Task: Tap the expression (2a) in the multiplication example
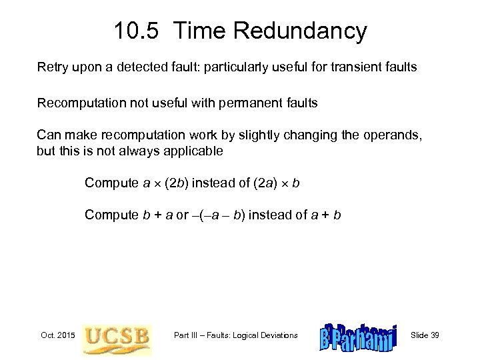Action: (x=264, y=183)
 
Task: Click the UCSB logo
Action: (x=117, y=335)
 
